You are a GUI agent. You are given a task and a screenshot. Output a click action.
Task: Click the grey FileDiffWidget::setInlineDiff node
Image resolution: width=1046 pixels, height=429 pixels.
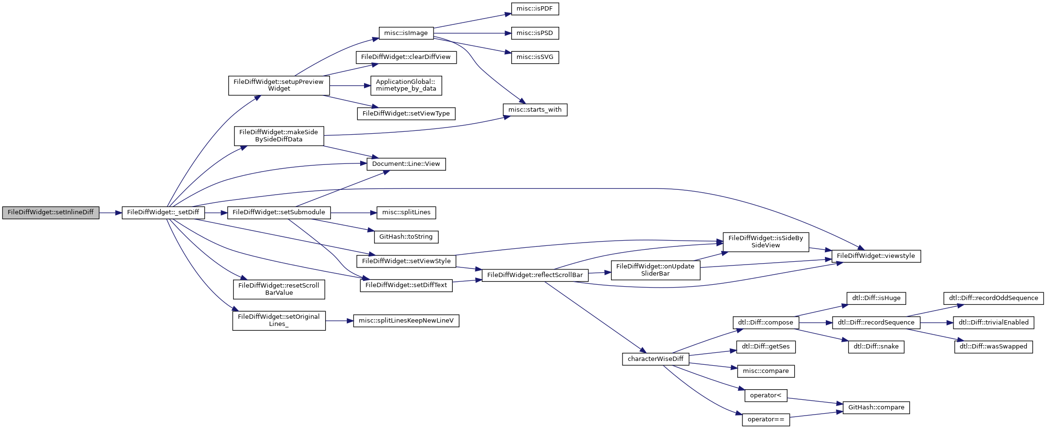coord(51,213)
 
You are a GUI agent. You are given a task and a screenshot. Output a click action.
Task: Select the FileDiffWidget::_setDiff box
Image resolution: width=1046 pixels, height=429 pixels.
coord(163,213)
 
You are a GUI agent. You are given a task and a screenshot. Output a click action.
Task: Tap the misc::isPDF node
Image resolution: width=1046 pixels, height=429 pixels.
coord(535,9)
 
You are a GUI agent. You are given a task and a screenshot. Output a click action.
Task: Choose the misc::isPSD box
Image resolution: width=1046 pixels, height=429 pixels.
coord(535,33)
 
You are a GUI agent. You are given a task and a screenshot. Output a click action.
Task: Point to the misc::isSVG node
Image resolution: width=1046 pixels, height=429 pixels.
coord(535,57)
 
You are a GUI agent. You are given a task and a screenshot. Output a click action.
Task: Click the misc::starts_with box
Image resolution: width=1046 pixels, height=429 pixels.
coord(535,110)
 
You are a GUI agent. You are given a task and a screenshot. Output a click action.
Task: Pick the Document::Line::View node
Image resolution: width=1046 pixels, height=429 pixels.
coord(406,164)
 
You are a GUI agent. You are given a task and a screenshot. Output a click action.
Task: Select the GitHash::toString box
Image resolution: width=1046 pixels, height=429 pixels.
coord(406,237)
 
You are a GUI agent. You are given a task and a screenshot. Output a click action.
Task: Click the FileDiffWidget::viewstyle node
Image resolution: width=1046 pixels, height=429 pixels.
coord(876,256)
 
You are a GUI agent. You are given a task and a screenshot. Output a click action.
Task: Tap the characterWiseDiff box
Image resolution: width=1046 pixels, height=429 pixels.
coord(656,359)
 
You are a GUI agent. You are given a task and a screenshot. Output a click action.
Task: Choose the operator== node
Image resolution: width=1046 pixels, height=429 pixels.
coord(766,419)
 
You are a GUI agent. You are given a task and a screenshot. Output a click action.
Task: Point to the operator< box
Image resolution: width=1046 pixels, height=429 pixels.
coord(766,395)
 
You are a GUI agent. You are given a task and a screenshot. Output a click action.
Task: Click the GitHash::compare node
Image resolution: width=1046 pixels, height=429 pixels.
coord(876,407)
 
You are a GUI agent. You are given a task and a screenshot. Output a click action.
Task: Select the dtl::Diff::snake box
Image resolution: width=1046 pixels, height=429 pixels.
coord(876,347)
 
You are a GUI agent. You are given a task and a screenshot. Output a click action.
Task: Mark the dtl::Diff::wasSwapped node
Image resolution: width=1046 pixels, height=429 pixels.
coord(993,347)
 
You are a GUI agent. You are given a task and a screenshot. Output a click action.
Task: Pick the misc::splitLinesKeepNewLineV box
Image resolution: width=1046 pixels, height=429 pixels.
coord(406,321)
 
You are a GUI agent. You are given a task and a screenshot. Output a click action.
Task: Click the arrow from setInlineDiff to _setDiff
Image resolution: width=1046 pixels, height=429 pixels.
coord(111,213)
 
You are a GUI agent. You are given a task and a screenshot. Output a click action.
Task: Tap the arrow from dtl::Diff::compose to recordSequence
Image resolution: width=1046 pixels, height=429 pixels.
coord(816,323)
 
